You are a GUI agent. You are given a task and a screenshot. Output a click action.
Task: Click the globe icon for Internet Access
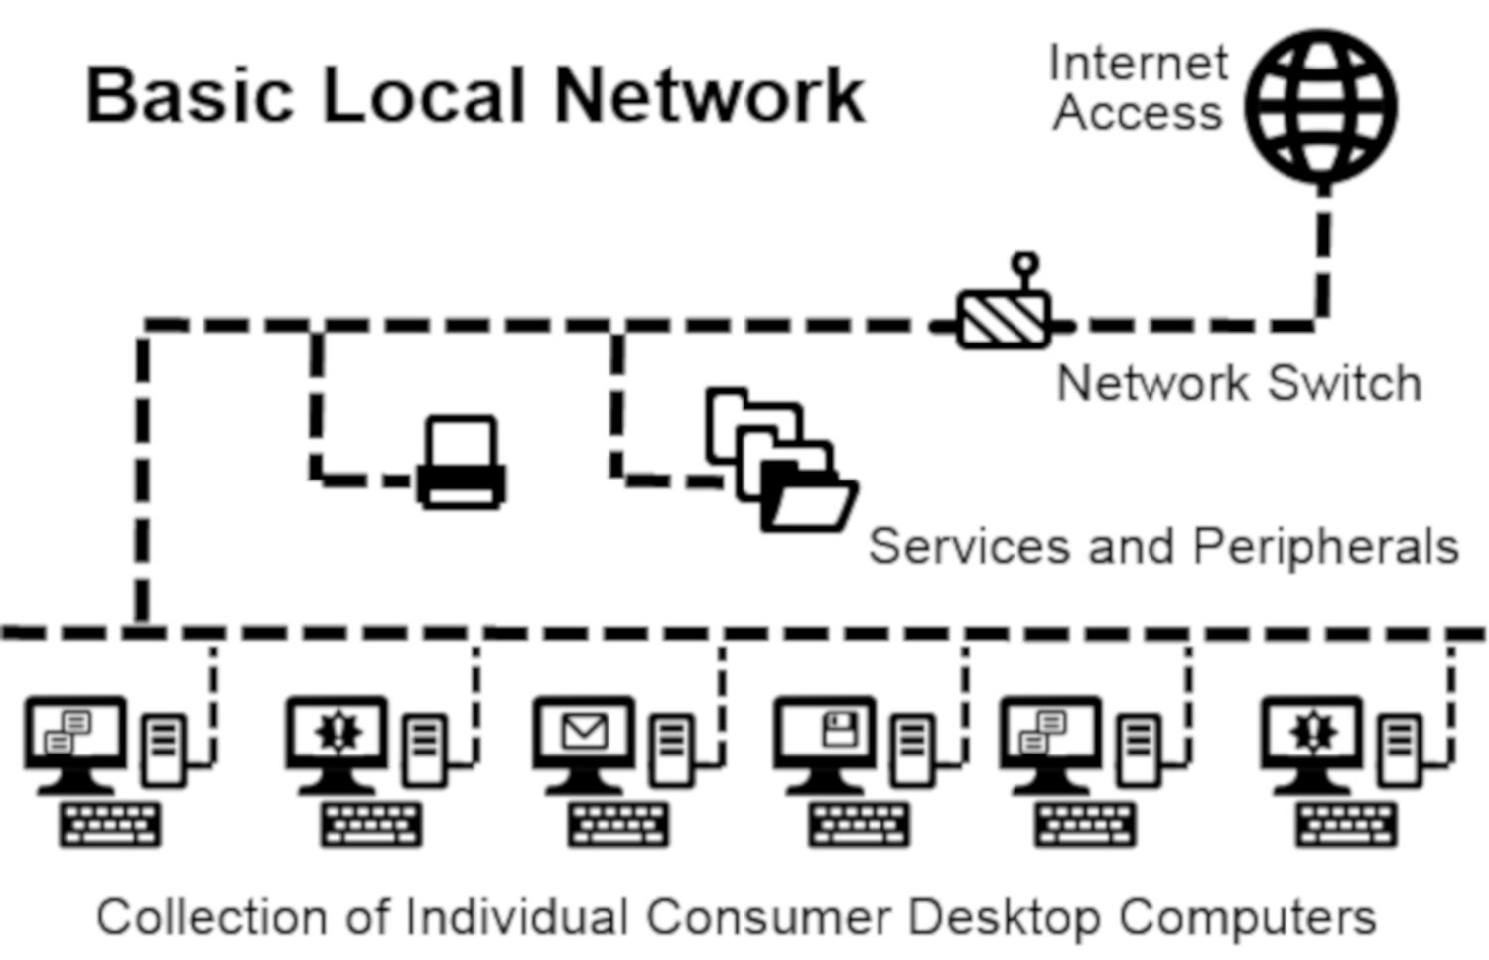pyautogui.click(x=1321, y=105)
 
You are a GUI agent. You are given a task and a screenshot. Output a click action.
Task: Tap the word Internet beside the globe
pyautogui.click(x=1139, y=65)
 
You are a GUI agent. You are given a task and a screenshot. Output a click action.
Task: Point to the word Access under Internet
pyautogui.click(x=1138, y=112)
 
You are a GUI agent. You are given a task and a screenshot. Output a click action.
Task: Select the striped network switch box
pyautogui.click(x=1003, y=319)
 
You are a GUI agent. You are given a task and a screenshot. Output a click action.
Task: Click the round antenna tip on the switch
pyautogui.click(x=1024, y=263)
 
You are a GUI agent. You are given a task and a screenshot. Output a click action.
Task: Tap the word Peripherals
pyautogui.click(x=1325, y=546)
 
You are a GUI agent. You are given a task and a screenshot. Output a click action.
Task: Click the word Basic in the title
pyautogui.click(x=191, y=95)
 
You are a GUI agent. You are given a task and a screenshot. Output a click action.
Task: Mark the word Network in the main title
pyautogui.click(x=709, y=95)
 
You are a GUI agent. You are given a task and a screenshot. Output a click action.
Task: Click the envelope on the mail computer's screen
pyautogui.click(x=584, y=733)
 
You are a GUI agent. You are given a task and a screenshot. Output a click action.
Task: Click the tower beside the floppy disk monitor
pyautogui.click(x=912, y=750)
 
